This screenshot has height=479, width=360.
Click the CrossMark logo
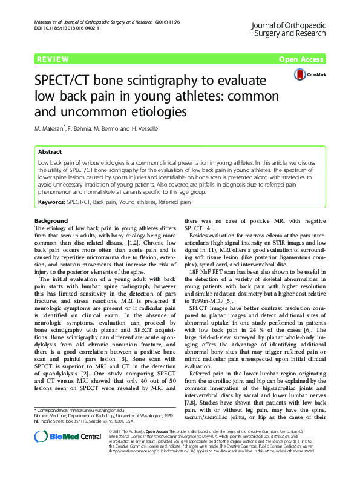(310, 74)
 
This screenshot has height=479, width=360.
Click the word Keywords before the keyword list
(51, 200)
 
